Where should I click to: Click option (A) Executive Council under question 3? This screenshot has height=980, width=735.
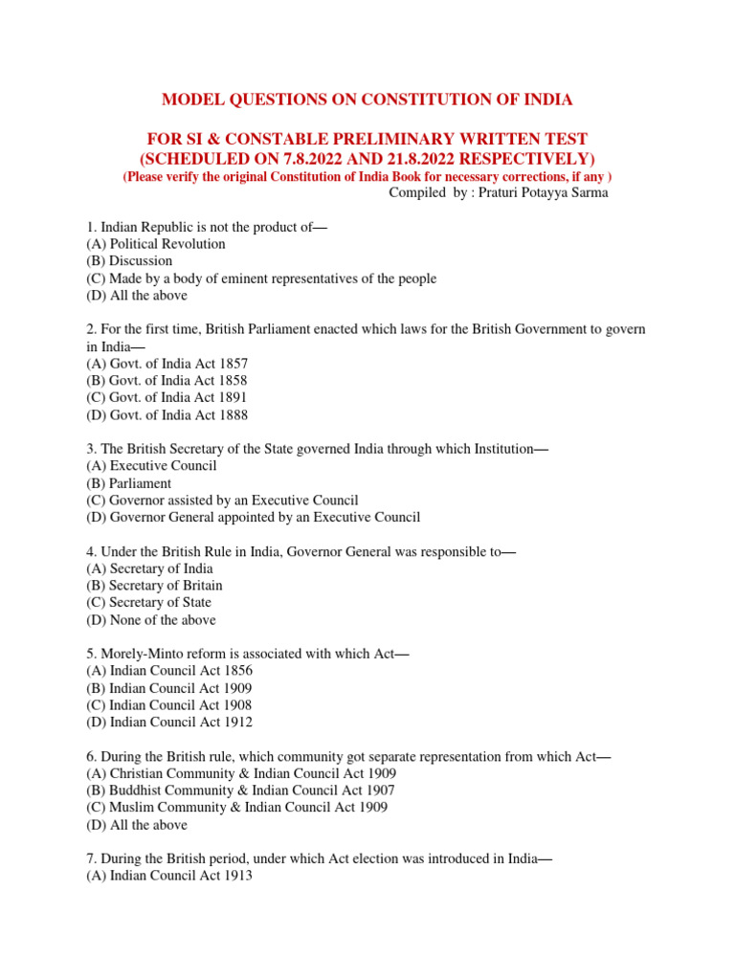[x=151, y=466]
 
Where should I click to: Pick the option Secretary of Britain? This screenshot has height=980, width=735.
[x=154, y=586]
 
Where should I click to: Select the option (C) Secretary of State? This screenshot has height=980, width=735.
[x=148, y=603]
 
